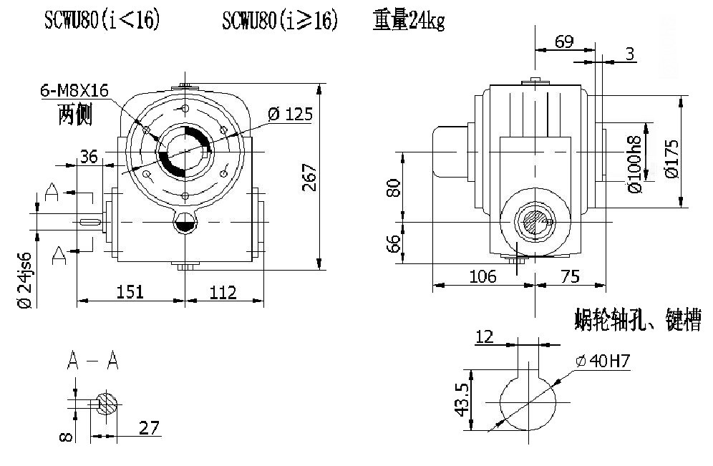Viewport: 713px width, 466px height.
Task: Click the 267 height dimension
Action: point(309,178)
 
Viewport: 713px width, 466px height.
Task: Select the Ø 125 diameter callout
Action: point(290,114)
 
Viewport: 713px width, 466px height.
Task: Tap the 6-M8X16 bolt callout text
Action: point(74,90)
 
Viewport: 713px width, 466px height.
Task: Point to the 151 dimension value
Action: point(130,291)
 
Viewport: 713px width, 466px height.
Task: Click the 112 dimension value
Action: point(223,292)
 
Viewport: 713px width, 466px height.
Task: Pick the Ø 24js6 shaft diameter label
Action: point(26,280)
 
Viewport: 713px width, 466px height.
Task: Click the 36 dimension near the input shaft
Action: point(89,156)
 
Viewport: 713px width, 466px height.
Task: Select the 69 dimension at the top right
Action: point(564,42)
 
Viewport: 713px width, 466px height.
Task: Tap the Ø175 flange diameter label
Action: point(671,159)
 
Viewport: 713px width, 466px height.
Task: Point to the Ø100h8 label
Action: point(635,164)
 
